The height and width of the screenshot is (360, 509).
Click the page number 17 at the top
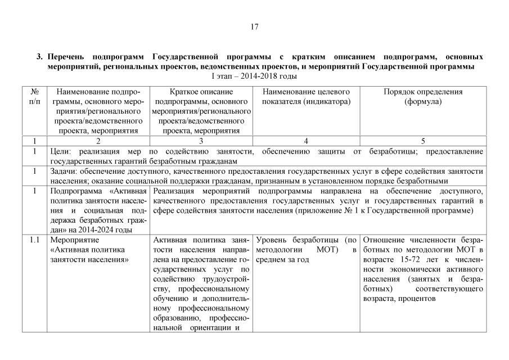coord(254,26)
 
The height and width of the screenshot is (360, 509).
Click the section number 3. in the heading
coord(40,57)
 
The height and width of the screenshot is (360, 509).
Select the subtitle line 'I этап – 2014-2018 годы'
coord(254,76)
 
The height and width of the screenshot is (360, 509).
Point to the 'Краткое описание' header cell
coord(201,92)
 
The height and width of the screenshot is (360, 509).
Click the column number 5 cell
coord(422,141)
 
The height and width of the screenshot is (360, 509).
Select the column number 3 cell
coord(201,141)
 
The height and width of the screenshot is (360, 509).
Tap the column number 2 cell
coord(98,141)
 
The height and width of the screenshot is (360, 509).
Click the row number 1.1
coord(34,240)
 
